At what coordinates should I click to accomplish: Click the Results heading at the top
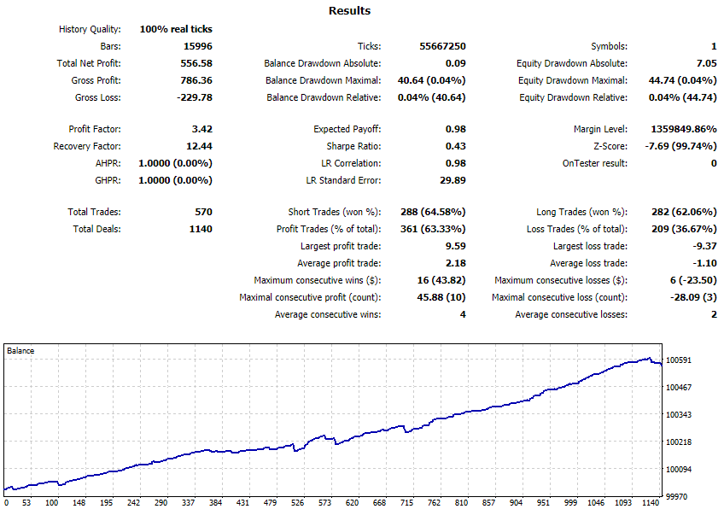tap(349, 10)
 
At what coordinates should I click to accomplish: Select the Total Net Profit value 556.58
tap(196, 63)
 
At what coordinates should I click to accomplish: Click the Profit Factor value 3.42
tap(201, 129)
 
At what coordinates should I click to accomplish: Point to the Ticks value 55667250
tap(442, 46)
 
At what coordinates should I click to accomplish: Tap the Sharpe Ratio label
tap(353, 146)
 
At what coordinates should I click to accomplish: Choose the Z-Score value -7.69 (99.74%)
tap(680, 146)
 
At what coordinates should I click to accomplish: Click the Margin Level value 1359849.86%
tap(684, 129)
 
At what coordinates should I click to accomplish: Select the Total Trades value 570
tap(203, 212)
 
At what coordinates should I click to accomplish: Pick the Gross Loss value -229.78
tap(195, 97)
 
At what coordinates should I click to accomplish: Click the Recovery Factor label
tap(87, 146)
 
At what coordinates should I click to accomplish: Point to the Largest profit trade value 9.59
tap(455, 246)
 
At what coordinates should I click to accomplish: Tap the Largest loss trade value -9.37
tap(704, 246)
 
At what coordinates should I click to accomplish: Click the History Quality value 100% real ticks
tap(176, 29)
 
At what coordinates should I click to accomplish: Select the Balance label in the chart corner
tap(20, 350)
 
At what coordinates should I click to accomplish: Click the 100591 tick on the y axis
tap(678, 360)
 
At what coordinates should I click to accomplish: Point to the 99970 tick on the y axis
tap(676, 496)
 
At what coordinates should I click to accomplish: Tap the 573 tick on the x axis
tap(324, 502)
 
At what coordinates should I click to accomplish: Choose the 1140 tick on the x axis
tap(651, 502)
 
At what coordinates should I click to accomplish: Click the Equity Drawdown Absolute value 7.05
tap(706, 63)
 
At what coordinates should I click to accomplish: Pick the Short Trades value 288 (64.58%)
tap(433, 212)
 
